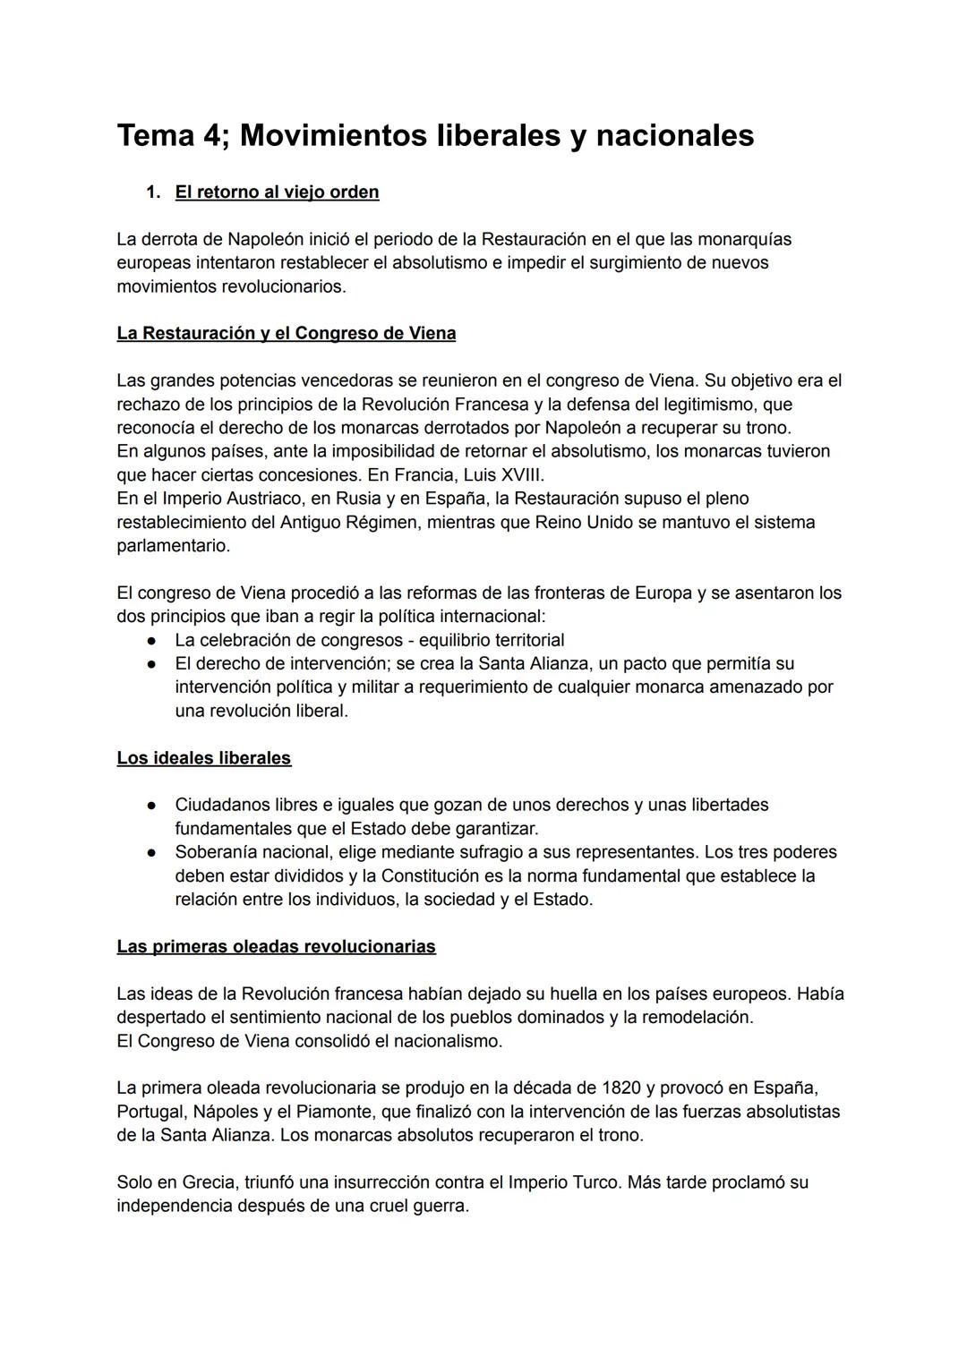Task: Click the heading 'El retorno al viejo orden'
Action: coord(277,192)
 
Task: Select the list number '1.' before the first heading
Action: coord(153,192)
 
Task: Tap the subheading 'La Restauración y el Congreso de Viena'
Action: coord(286,333)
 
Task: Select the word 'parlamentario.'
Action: coord(173,545)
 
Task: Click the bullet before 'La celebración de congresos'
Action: coord(153,640)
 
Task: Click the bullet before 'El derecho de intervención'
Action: coord(153,663)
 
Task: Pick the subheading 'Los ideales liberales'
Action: coord(203,758)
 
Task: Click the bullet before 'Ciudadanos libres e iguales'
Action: coord(153,805)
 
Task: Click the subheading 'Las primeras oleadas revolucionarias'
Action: coord(276,946)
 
